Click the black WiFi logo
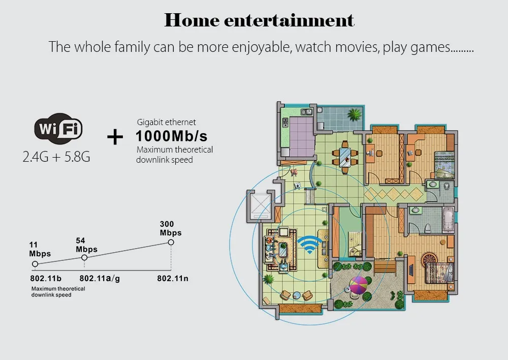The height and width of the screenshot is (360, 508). [x=58, y=129]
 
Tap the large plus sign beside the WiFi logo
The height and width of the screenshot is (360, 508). [x=115, y=137]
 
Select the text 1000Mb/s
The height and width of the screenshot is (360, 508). [x=171, y=136]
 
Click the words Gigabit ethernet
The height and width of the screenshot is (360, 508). [x=166, y=122]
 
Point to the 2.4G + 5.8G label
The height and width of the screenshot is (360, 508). [x=56, y=157]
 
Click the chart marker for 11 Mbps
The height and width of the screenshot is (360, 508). [x=35, y=264]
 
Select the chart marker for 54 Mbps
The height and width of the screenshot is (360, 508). [x=84, y=257]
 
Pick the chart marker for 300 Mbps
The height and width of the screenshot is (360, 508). [x=171, y=242]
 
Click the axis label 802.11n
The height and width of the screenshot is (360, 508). [x=173, y=279]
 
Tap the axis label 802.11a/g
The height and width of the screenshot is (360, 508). [x=100, y=279]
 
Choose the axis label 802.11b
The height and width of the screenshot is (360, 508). [x=46, y=279]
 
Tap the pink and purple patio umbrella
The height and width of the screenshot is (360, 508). [x=358, y=285]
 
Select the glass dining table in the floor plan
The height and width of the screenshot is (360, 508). [x=345, y=157]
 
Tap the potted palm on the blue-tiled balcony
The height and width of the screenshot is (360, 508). [x=354, y=114]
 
